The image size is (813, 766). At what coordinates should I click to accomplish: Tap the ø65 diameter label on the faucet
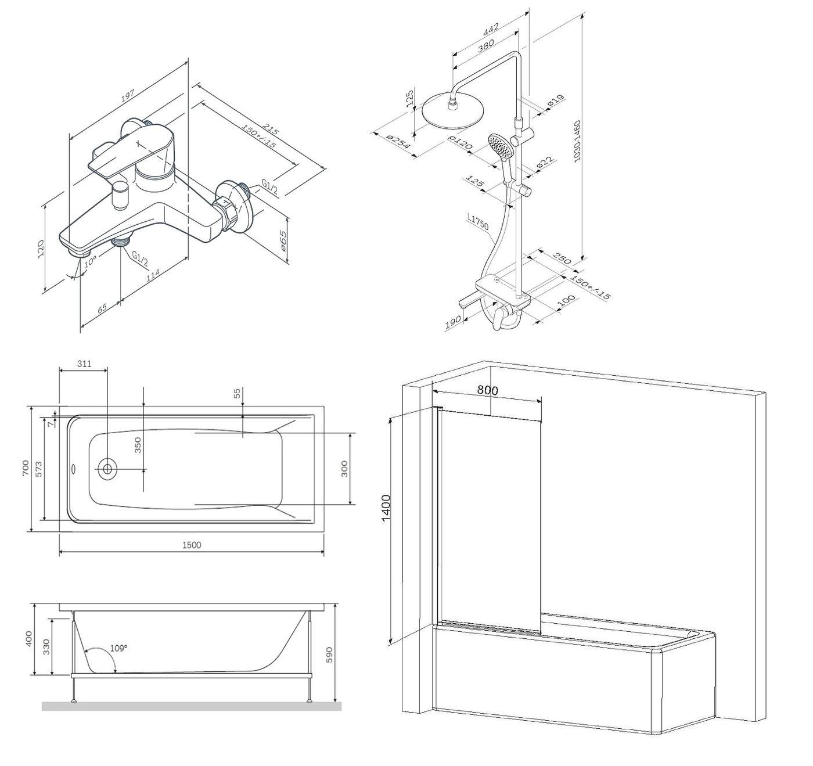(x=283, y=239)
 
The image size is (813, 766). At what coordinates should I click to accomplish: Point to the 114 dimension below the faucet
(x=152, y=277)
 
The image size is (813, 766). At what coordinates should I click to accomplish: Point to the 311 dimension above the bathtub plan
(x=84, y=364)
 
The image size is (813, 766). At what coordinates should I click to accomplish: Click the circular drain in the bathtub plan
(x=107, y=467)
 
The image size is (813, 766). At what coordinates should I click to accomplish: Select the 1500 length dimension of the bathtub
(x=192, y=545)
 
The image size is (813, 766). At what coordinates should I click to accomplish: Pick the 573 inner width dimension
(x=39, y=469)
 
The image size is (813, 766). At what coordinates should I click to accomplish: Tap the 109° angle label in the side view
(x=118, y=648)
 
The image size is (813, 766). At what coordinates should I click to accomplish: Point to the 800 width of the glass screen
(x=488, y=390)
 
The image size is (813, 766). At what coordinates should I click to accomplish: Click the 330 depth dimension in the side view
(x=47, y=646)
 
